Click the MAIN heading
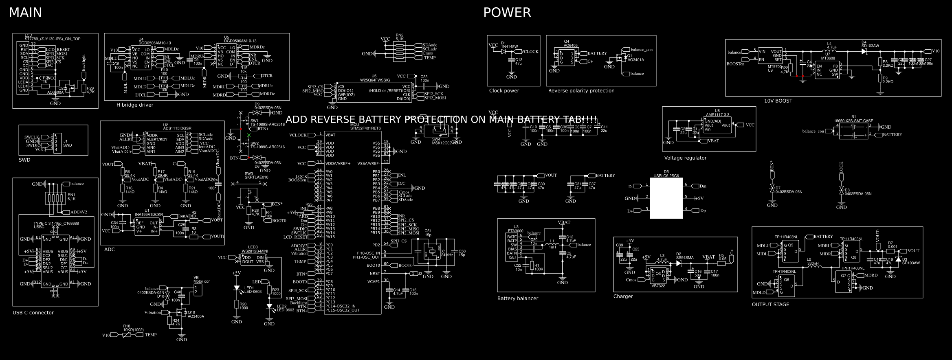click(25, 13)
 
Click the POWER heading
click(507, 13)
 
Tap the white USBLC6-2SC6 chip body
click(666, 198)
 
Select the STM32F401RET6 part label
click(365, 128)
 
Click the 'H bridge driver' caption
click(135, 105)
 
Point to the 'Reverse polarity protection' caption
click(581, 91)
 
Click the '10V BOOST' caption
click(778, 101)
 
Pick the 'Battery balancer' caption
click(517, 299)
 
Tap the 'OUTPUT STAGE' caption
click(770, 305)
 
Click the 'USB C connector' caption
click(33, 313)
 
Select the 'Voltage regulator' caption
click(685, 158)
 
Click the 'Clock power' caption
click(504, 91)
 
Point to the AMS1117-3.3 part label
click(717, 115)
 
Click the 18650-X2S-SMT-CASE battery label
click(853, 121)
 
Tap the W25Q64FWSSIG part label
click(375, 80)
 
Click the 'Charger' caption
click(623, 296)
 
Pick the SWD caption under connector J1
click(24, 160)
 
